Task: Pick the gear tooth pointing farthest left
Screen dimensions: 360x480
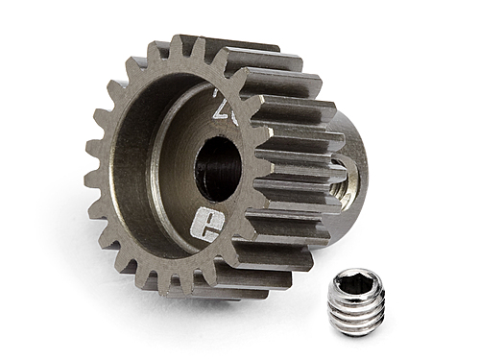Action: pos(93,178)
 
